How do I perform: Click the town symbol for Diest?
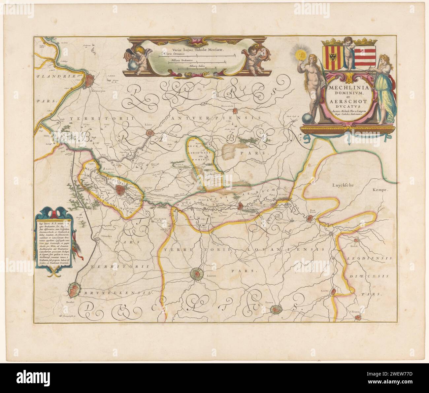(x=310, y=218)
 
